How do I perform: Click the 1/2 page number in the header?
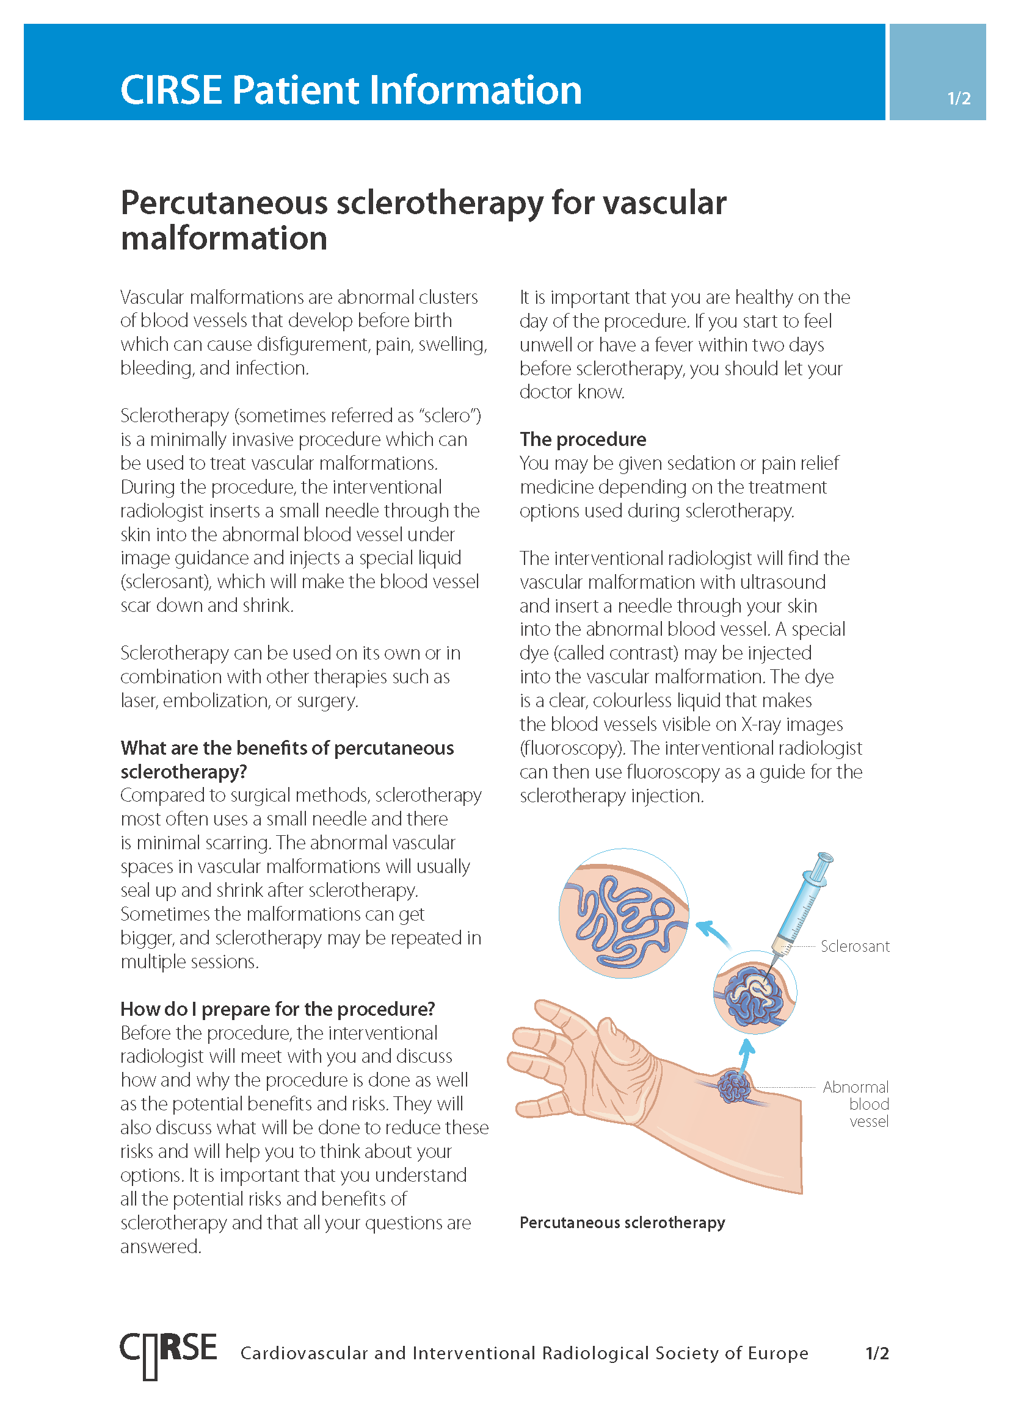[x=958, y=98]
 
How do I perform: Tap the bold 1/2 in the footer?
[x=877, y=1353]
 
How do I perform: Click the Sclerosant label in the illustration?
[x=854, y=946]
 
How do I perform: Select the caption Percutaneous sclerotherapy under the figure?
[x=622, y=1223]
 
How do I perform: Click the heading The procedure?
[x=583, y=439]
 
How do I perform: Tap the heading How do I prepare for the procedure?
[x=277, y=1008]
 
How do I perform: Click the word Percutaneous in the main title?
[x=224, y=203]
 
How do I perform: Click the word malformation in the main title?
[x=224, y=239]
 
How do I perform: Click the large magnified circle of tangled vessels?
[x=624, y=914]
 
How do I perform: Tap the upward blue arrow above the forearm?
[x=746, y=1055]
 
